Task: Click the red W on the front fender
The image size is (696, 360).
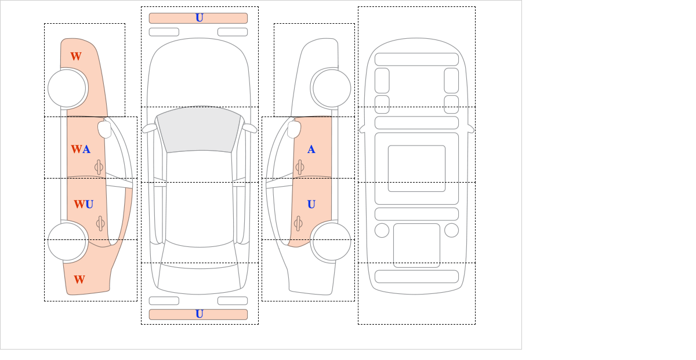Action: [76, 57]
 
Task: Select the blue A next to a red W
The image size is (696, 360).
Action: [86, 150]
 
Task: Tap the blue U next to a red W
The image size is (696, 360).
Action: [89, 205]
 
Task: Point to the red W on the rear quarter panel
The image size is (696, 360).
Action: [79, 279]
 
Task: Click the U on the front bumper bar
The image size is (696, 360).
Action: [200, 18]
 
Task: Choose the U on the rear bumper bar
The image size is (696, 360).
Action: [200, 314]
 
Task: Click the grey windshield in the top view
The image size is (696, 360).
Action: [199, 129]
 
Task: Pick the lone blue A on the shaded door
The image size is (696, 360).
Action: [311, 150]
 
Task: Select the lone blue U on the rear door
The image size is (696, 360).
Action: [311, 205]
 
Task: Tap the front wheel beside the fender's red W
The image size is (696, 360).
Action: [67, 88]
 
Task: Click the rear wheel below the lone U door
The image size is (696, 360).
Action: [332, 241]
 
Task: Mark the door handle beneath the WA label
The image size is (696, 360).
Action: [99, 168]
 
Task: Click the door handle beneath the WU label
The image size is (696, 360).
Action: [100, 223]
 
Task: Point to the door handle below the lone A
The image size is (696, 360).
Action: [300, 168]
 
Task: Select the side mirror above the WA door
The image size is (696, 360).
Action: [105, 129]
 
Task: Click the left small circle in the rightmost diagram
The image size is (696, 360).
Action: [382, 231]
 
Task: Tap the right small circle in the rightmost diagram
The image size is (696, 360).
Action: [451, 231]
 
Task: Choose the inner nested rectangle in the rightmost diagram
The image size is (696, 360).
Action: [416, 168]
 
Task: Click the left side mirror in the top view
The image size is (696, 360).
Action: [149, 128]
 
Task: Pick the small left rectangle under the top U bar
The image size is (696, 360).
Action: [164, 32]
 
